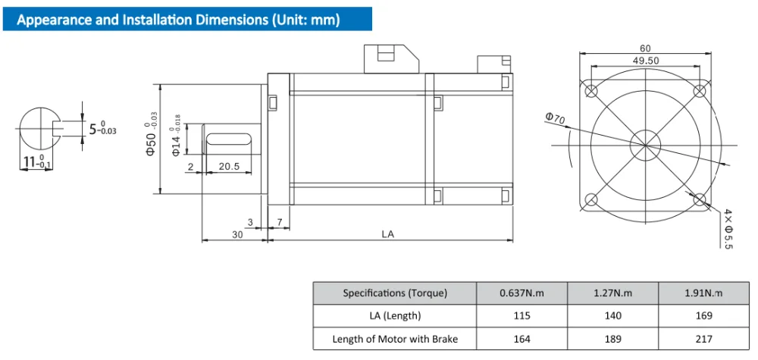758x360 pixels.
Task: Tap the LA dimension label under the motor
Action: point(387,234)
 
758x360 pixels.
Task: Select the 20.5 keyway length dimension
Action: point(229,166)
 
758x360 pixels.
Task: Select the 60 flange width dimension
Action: point(646,48)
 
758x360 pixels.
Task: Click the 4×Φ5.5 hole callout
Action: point(728,228)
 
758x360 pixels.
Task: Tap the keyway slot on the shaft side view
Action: point(228,139)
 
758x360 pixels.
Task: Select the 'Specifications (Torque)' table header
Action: point(395,293)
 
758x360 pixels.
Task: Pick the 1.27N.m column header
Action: point(612,293)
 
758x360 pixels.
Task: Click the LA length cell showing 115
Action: point(522,315)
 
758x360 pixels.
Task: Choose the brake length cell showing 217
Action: point(703,338)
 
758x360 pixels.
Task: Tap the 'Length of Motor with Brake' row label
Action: point(395,338)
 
